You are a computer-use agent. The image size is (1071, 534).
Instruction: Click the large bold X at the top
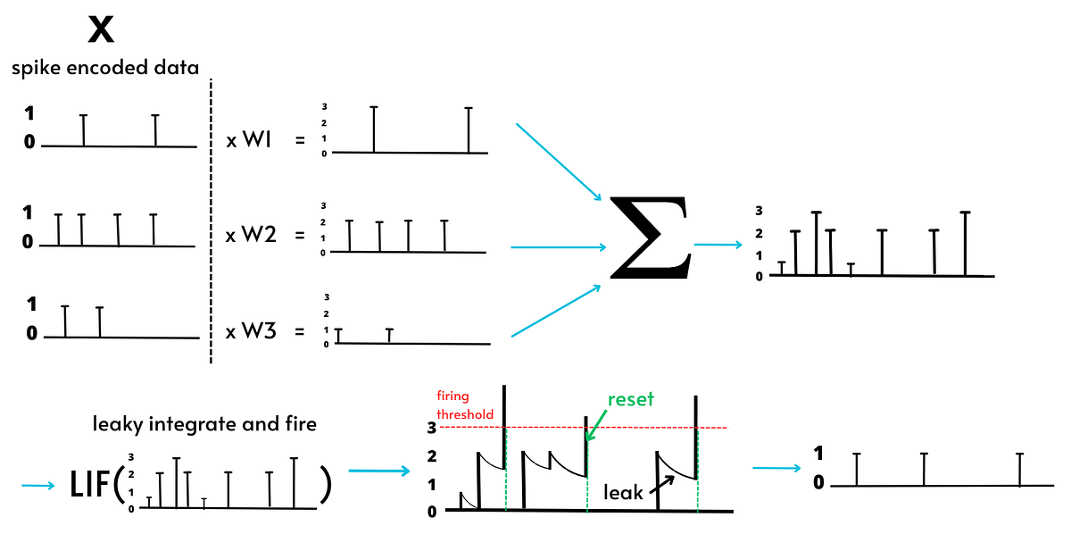click(103, 30)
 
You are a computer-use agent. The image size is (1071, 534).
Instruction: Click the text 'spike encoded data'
click(105, 68)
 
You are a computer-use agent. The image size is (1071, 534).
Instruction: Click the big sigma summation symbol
click(649, 238)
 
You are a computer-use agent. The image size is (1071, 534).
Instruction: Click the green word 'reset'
click(631, 399)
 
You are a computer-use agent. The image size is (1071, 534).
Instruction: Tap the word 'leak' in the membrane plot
click(623, 492)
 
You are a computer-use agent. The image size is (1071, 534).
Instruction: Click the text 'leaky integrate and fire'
click(204, 424)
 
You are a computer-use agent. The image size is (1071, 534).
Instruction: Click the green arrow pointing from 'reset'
click(596, 424)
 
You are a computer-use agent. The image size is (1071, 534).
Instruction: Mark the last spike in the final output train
click(1019, 469)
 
